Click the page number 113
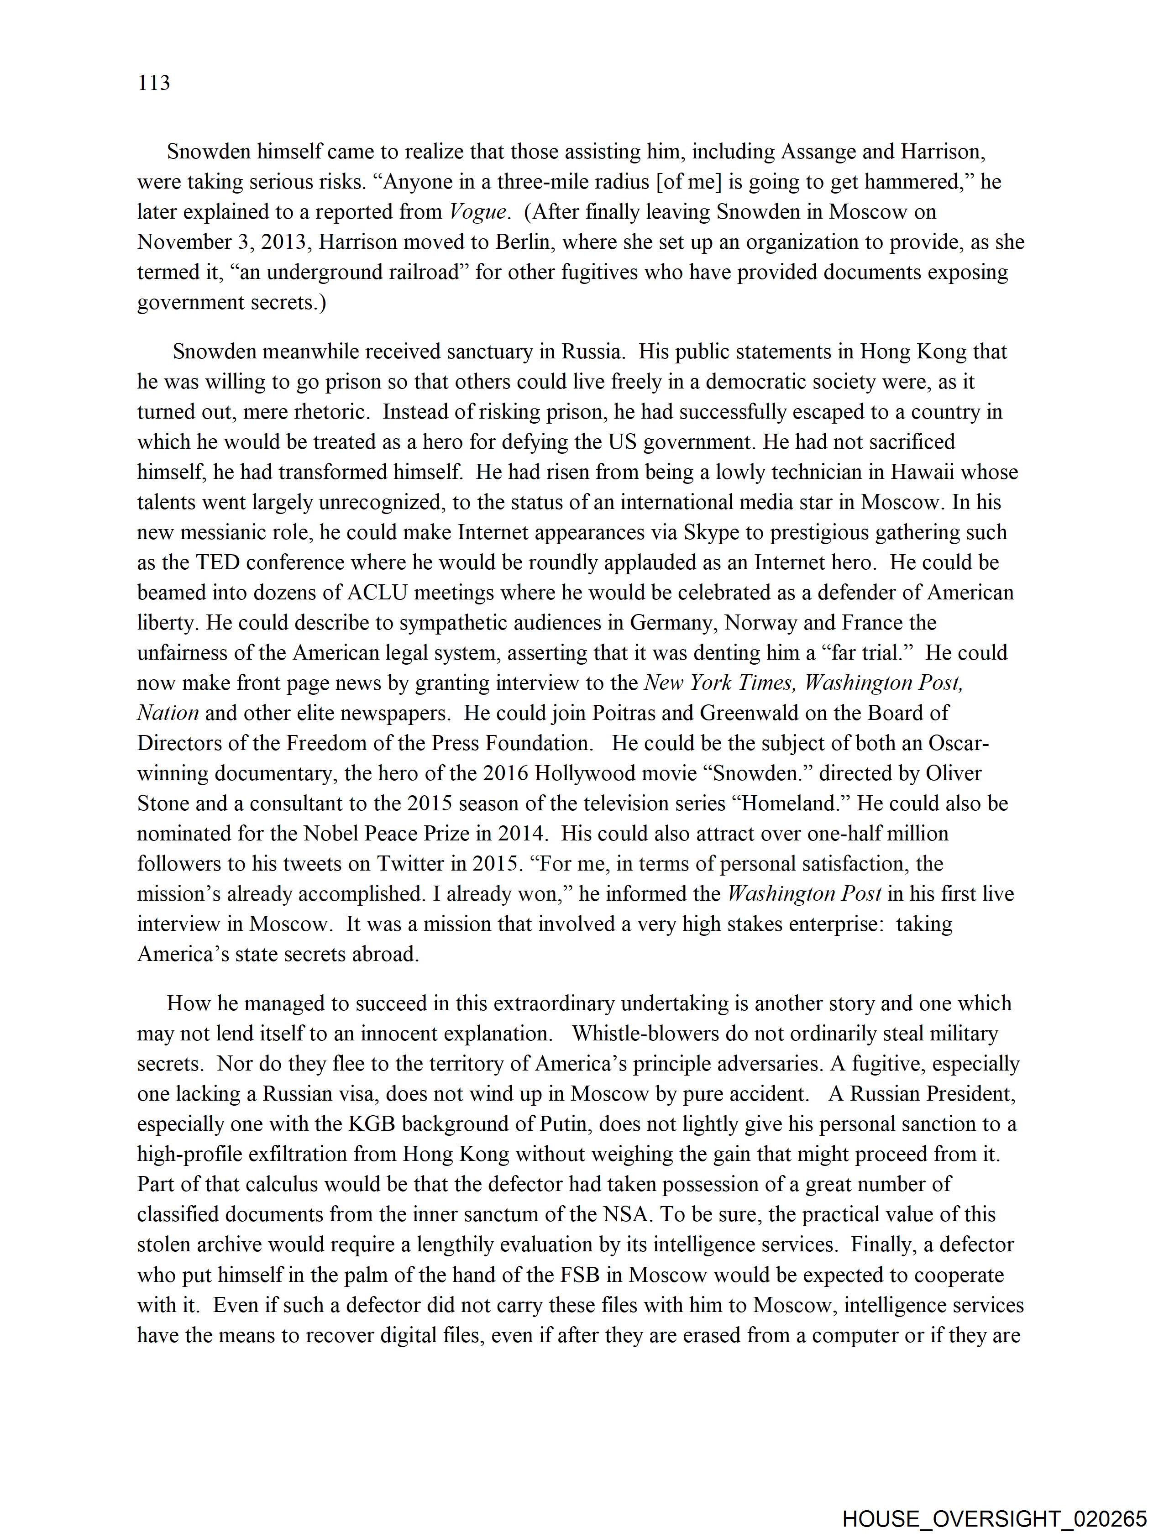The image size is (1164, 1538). (154, 84)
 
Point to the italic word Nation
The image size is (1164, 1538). (168, 713)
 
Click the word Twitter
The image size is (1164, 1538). (411, 864)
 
